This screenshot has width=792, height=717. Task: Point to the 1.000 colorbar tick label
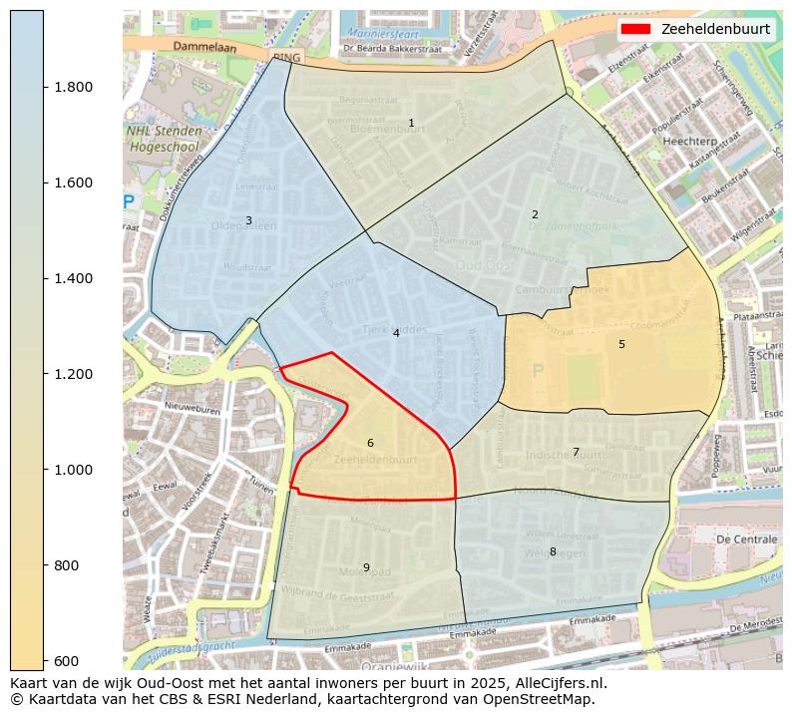coord(72,470)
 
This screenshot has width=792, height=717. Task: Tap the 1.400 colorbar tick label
coord(72,278)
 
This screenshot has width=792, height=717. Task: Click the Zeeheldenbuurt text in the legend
coord(715,29)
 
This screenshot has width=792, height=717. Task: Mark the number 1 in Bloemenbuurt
coord(411,123)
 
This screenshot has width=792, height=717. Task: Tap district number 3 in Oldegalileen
coord(248,220)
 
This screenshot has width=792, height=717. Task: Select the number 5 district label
coord(621,344)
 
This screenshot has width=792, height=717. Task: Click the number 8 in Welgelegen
coord(553,551)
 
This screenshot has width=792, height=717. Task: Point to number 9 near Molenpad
coord(366,567)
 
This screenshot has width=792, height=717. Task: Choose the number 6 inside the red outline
coord(370,443)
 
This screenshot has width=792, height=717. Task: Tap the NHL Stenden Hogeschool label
coord(164,139)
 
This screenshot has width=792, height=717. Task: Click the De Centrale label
coord(746,538)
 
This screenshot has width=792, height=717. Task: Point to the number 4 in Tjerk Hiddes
coord(396,333)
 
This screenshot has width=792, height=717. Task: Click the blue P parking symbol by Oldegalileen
coord(128,202)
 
